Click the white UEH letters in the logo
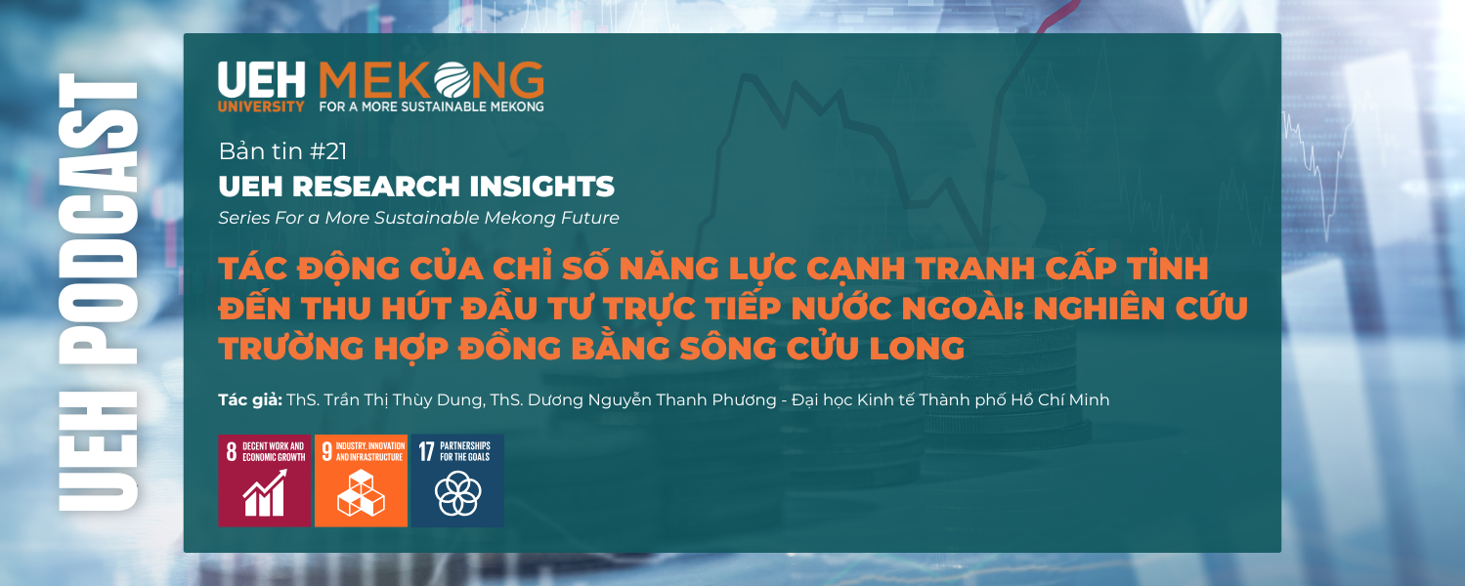click(262, 80)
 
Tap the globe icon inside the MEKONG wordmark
click(452, 80)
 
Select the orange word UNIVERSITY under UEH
click(261, 106)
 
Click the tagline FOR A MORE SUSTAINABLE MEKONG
click(431, 106)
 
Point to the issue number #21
click(327, 151)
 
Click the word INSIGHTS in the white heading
click(541, 187)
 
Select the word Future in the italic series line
click(588, 218)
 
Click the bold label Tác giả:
click(250, 399)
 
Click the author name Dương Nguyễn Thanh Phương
click(652, 399)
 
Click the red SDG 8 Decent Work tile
click(264, 481)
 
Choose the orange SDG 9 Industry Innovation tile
click(361, 481)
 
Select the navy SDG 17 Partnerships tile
click(457, 481)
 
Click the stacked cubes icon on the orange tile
click(361, 493)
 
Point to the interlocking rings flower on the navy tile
click(457, 494)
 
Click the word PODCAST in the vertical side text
click(98, 219)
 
